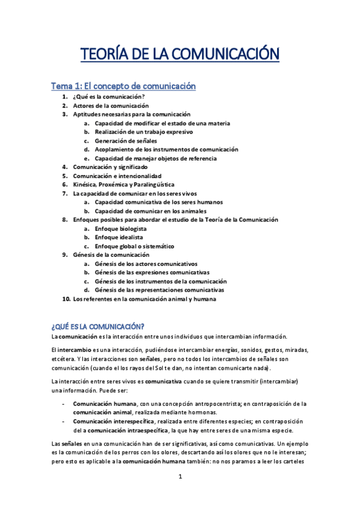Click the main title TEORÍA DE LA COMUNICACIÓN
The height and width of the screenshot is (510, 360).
(180, 55)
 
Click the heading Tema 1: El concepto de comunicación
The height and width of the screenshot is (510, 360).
(123, 86)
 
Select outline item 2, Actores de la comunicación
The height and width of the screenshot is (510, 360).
(110, 105)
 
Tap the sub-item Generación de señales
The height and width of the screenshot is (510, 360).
(125, 140)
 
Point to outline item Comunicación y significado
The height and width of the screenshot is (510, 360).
(110, 167)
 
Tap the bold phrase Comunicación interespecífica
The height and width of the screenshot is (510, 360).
(110, 422)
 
